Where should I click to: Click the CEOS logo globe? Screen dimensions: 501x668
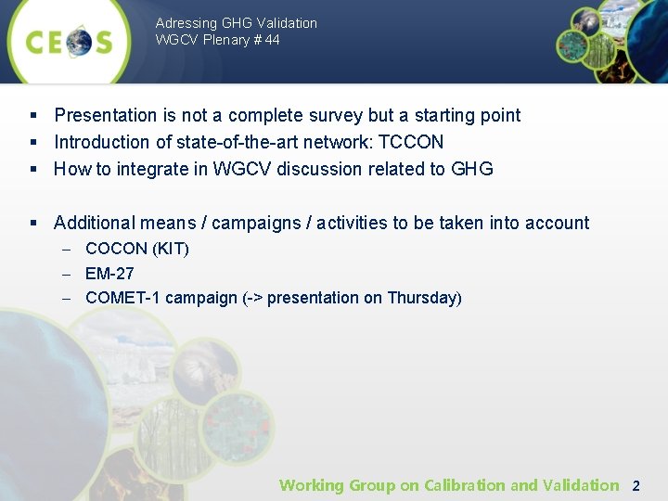coord(79,42)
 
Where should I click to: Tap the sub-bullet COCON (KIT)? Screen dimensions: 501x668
coord(136,249)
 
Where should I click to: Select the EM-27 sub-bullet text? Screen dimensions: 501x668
coord(109,274)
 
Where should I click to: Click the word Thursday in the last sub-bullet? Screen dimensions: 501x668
coord(421,298)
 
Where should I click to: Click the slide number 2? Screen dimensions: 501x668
coord(636,485)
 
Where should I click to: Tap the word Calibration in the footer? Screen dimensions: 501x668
coord(466,485)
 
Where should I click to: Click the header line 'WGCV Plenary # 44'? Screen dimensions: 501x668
coord(217,40)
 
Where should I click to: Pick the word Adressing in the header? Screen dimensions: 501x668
coord(186,22)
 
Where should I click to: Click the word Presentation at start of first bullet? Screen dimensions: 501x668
coord(106,115)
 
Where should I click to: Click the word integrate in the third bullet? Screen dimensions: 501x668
coord(149,169)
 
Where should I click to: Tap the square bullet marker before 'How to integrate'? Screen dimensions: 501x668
coord(32,169)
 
